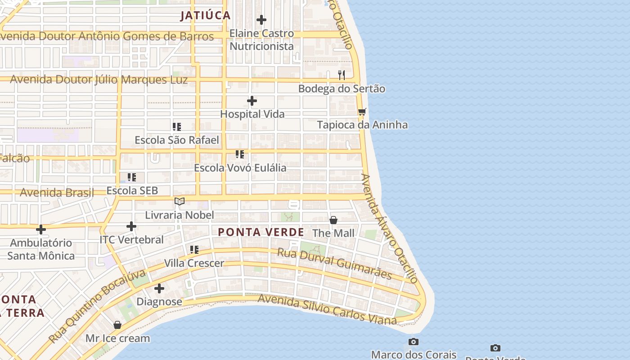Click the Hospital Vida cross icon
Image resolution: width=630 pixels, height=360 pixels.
click(x=252, y=101)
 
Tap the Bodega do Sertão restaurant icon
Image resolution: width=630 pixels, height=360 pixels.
click(x=342, y=75)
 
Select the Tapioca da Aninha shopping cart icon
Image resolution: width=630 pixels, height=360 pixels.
click(x=362, y=112)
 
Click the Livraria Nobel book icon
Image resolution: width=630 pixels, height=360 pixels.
click(x=180, y=201)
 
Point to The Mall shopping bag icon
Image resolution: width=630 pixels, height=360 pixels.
click(x=333, y=220)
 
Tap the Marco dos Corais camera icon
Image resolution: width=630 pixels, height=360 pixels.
click(x=414, y=342)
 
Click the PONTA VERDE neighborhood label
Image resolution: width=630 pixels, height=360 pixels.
click(x=261, y=232)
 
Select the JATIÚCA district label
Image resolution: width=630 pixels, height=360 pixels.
click(x=206, y=15)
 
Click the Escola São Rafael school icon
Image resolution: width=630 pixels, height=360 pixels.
click(x=177, y=127)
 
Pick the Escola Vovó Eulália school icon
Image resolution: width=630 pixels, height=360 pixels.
click(x=240, y=154)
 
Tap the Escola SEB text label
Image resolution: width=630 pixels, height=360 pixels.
click(x=132, y=190)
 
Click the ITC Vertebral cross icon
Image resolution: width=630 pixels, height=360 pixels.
click(x=131, y=226)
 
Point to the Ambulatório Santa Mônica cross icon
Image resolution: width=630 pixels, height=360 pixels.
click(x=41, y=229)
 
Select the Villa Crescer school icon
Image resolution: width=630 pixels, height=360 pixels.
click(x=194, y=249)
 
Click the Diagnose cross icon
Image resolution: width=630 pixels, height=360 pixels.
click(x=159, y=288)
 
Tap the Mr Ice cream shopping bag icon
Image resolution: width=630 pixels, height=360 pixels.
click(x=117, y=325)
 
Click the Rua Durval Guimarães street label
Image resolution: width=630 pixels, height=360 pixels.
click(x=334, y=263)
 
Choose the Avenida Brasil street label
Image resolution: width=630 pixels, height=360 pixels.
click(x=57, y=193)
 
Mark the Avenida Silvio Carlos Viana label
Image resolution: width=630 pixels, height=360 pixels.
click(x=327, y=310)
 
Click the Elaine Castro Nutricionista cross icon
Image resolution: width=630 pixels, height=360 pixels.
click(x=261, y=20)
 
